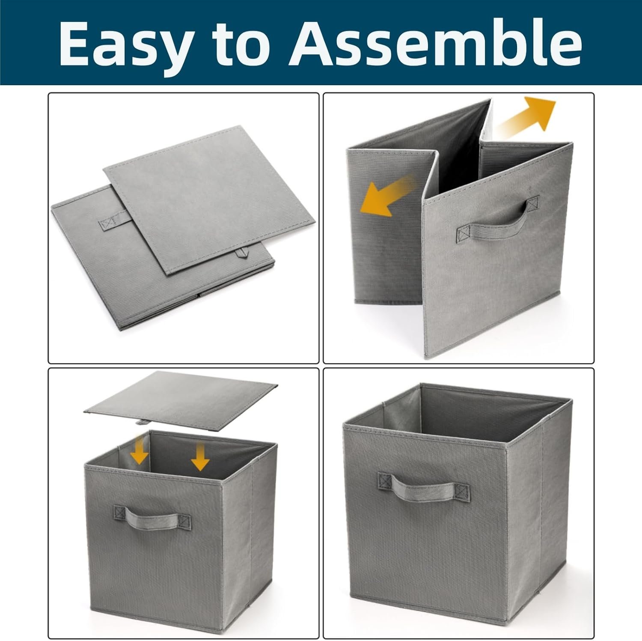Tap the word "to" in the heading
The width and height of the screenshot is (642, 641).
(244, 43)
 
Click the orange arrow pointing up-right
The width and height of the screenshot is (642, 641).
(527, 115)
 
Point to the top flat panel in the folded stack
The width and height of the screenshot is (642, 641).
(209, 200)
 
